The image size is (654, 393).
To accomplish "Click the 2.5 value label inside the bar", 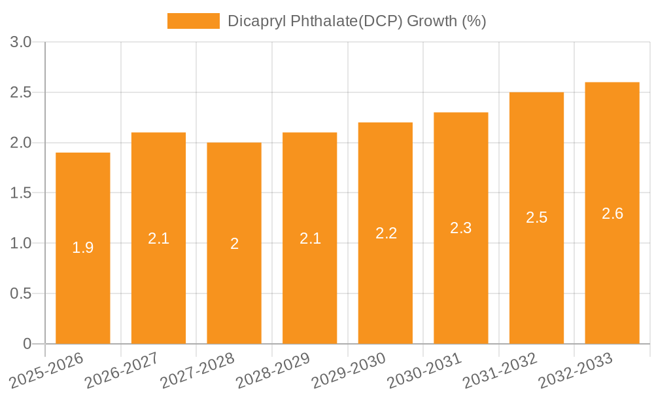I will click(537, 218).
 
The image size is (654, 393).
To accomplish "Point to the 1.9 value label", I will click(83, 248).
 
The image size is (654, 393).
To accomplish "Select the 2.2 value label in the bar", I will click(386, 233).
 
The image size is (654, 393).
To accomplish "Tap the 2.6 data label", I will click(612, 214).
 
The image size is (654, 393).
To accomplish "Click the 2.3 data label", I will click(461, 228).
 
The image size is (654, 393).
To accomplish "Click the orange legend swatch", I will click(194, 21).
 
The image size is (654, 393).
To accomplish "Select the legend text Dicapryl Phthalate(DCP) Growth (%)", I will click(356, 21).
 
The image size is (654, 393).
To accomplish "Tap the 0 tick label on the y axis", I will click(27, 344).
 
